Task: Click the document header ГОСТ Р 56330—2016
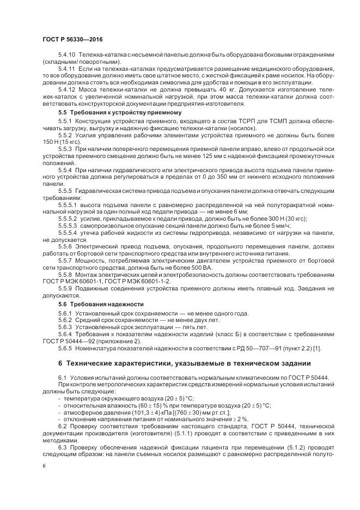click(72, 39)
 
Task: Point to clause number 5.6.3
click(65, 327)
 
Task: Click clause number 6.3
click(63, 446)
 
